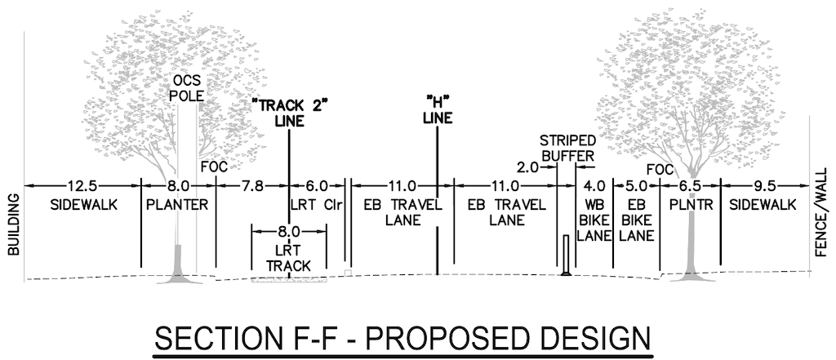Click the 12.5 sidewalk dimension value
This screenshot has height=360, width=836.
click(83, 186)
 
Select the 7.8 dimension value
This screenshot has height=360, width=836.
click(253, 186)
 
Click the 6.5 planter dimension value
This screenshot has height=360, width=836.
click(691, 186)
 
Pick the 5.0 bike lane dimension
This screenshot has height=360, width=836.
click(636, 186)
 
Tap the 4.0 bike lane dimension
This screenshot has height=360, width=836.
click(594, 186)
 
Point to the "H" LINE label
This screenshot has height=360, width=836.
click(438, 110)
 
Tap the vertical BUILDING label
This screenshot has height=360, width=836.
click(14, 225)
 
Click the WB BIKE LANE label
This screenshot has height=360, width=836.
click(594, 220)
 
